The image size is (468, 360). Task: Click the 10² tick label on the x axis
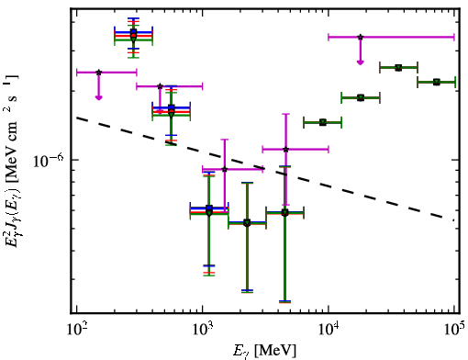click(x=77, y=330)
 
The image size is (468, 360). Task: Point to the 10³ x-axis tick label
click(x=203, y=330)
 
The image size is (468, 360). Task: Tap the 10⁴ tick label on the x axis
click(x=329, y=330)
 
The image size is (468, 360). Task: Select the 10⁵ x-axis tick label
click(x=454, y=330)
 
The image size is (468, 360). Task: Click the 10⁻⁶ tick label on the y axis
click(x=49, y=161)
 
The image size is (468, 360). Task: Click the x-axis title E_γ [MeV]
click(x=264, y=351)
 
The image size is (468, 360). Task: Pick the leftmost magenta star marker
click(x=98, y=73)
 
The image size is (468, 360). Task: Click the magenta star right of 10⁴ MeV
click(x=361, y=37)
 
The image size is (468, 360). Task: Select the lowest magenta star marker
click(x=225, y=169)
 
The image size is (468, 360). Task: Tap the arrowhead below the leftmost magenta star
click(x=98, y=97)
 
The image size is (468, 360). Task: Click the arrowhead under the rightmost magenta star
click(x=361, y=62)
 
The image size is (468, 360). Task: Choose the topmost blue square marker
click(x=133, y=31)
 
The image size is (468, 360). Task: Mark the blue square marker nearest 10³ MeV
click(x=209, y=208)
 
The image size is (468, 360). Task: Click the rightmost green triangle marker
click(x=437, y=82)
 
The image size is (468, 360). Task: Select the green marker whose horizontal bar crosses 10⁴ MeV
click(x=323, y=122)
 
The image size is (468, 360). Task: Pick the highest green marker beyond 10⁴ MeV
click(x=398, y=68)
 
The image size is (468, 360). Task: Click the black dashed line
click(x=265, y=169)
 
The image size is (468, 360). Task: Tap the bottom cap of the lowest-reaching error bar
click(x=284, y=302)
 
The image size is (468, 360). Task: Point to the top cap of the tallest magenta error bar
click(x=285, y=114)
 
